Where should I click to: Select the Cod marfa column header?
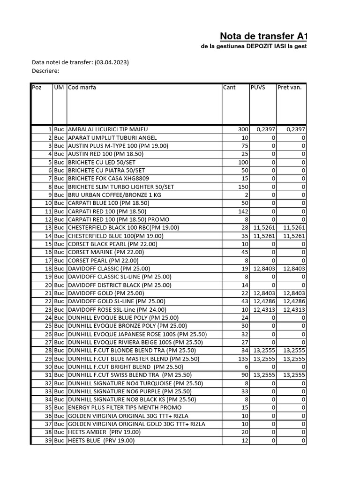click(82, 88)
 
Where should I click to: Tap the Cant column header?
click(230, 88)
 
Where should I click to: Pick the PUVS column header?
click(258, 88)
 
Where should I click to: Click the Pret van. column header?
click(289, 88)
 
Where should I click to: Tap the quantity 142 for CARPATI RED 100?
click(241, 211)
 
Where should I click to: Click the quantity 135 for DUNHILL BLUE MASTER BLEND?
click(241, 359)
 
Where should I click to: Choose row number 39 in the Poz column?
click(48, 441)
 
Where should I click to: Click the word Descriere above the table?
click(45, 71)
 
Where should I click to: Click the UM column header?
click(59, 88)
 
